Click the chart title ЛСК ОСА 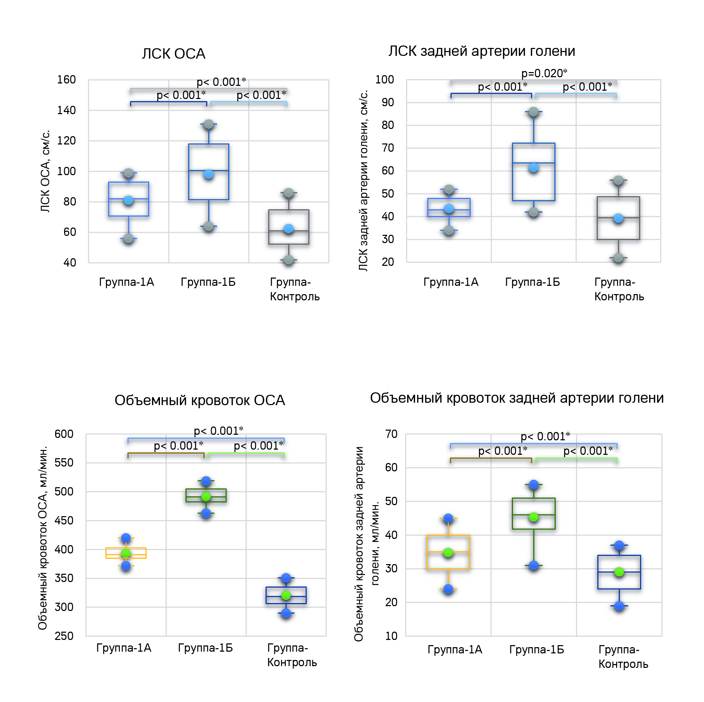tap(173, 54)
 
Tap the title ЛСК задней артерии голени tap(481, 51)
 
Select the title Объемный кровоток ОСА tap(199, 400)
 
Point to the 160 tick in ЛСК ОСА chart tap(66, 80)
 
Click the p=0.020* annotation tap(544, 73)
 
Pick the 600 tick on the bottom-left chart tap(64, 434)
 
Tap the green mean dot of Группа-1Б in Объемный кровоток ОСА tap(206, 497)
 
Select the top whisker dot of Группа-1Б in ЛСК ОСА tap(209, 124)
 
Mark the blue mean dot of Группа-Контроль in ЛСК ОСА tap(288, 229)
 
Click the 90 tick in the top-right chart tap(388, 102)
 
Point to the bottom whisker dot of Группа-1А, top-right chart tap(449, 230)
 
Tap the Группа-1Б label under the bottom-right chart tap(536, 649)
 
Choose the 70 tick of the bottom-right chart tap(391, 434)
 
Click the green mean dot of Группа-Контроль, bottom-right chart tap(619, 572)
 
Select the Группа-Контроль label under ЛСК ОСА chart tap(294, 289)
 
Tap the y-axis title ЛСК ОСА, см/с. tap(45, 171)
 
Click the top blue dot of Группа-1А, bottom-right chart tap(448, 518)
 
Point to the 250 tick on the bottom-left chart tap(64, 636)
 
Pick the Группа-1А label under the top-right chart tap(450, 282)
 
